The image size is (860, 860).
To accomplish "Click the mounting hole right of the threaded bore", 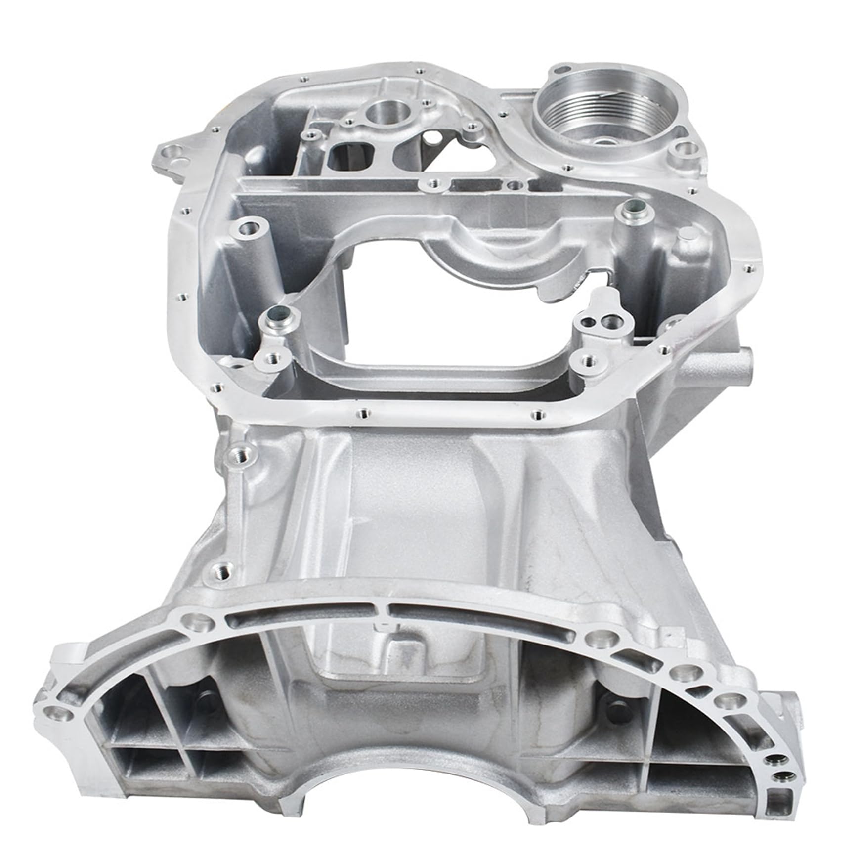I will (684, 148).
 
